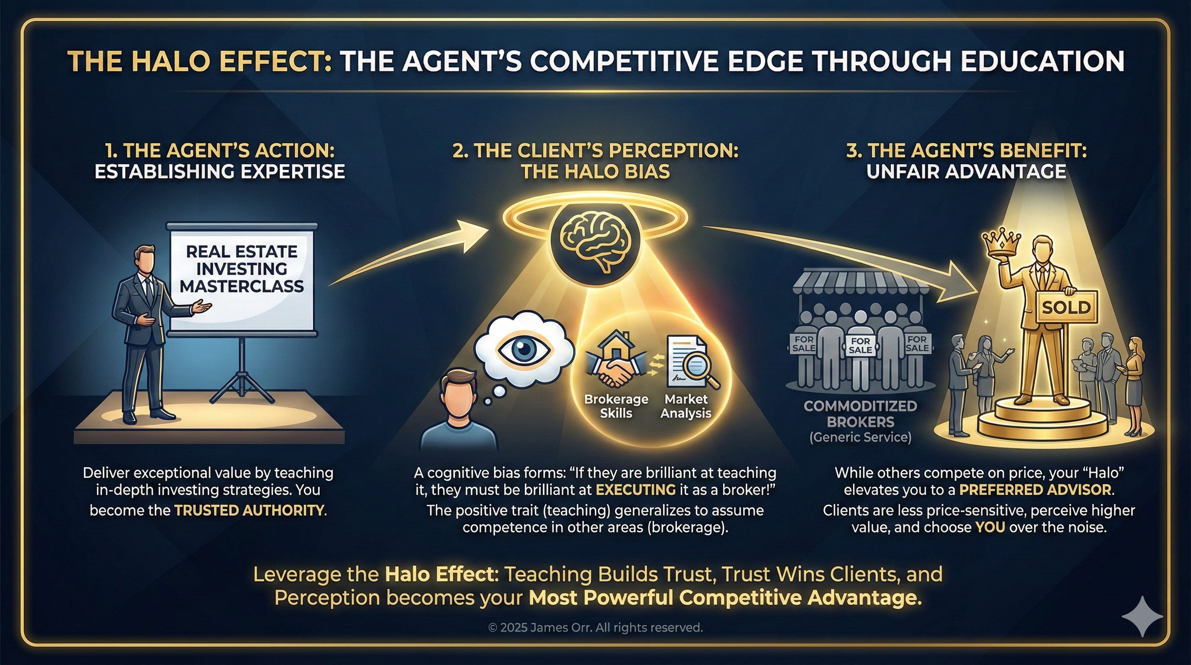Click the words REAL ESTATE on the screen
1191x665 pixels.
tap(241, 252)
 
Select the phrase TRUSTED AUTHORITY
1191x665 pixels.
tap(250, 510)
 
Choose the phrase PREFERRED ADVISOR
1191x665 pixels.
tap(1035, 490)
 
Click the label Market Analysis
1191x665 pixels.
tap(686, 406)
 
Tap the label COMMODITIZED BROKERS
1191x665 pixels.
tap(860, 414)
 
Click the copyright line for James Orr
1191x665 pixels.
tap(595, 627)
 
